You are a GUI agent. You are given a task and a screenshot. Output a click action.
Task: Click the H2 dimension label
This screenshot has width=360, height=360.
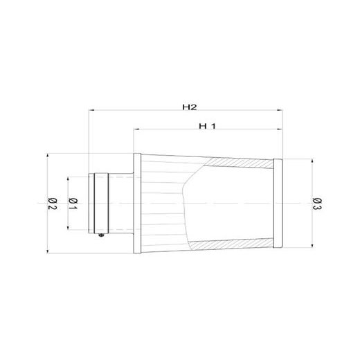pos(190,107)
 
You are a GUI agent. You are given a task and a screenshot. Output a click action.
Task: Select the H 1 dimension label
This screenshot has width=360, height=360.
pos(207,125)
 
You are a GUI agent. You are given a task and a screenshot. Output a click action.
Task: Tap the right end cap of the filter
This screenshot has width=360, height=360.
pos(278,203)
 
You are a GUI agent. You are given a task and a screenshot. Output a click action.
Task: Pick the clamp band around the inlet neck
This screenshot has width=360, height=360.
pos(101,203)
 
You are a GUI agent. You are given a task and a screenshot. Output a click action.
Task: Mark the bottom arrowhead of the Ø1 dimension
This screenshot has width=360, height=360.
pos(67,228)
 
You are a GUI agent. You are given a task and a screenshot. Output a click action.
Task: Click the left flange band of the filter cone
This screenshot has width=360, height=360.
pos(137,203)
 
